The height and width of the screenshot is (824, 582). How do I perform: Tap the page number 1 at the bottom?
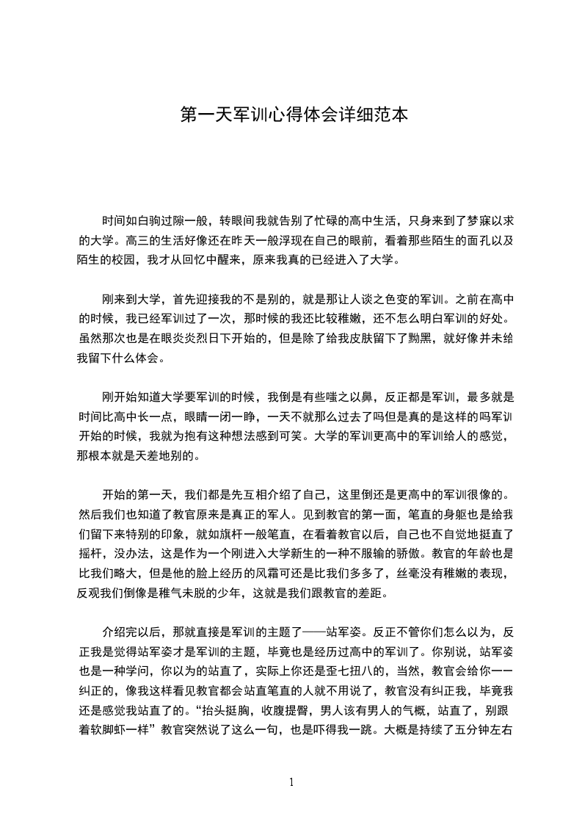(x=291, y=782)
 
